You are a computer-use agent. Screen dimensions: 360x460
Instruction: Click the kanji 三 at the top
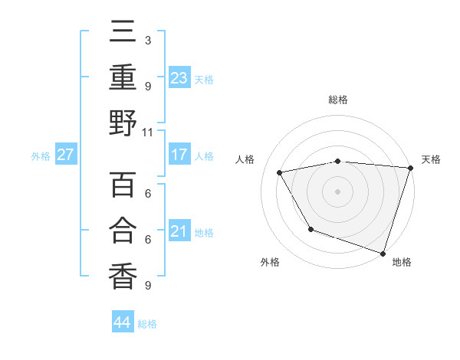tap(123, 31)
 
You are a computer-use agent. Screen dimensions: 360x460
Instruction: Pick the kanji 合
tap(123, 231)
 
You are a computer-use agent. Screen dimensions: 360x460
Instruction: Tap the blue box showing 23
tap(179, 77)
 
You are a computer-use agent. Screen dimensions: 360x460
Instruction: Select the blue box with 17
tap(179, 155)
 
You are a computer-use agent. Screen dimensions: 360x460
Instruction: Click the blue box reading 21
tap(179, 231)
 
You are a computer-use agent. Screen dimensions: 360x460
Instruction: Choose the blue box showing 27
tap(66, 155)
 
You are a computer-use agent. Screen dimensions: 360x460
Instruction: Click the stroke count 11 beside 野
tap(148, 132)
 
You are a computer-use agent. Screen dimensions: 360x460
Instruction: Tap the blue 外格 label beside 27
tap(41, 155)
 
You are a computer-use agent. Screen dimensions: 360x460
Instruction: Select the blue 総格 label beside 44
tap(147, 323)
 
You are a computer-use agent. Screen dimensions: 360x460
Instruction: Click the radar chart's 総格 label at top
tap(337, 100)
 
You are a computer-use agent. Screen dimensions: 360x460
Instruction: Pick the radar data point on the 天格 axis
tap(410, 168)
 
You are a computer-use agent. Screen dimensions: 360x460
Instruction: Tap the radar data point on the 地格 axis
tap(383, 253)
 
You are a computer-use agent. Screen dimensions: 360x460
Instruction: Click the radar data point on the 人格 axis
tap(280, 172)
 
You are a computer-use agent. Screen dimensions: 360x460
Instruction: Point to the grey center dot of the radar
tap(337, 191)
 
